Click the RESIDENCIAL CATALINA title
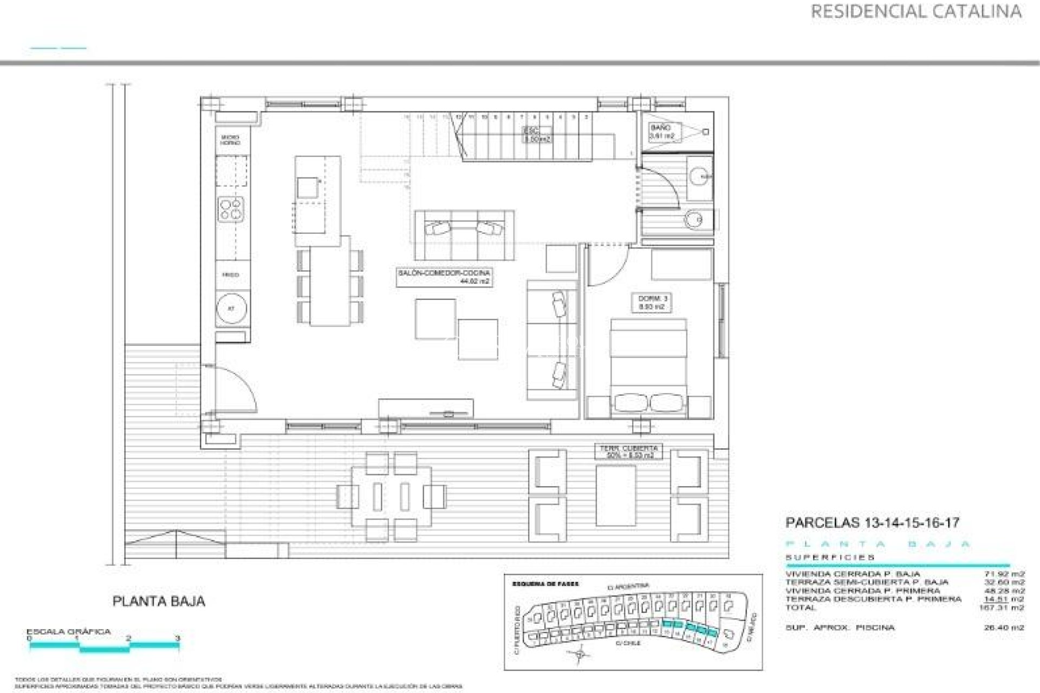pyautogui.click(x=916, y=11)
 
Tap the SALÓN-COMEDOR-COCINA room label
pyautogui.click(x=444, y=277)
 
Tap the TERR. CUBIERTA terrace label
pyautogui.click(x=628, y=452)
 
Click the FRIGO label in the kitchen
pyautogui.click(x=230, y=275)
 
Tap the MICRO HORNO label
pyautogui.click(x=230, y=140)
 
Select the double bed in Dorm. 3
pyautogui.click(x=648, y=368)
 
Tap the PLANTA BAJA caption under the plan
pyautogui.click(x=159, y=601)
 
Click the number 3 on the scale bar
pyautogui.click(x=178, y=639)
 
